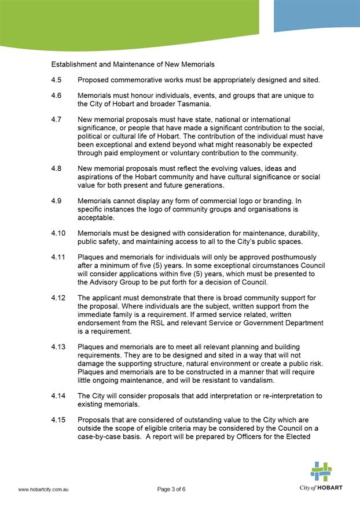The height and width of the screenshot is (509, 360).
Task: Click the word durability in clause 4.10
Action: pyautogui.click(x=295, y=233)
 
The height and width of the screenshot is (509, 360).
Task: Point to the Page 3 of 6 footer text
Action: pyautogui.click(x=171, y=489)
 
